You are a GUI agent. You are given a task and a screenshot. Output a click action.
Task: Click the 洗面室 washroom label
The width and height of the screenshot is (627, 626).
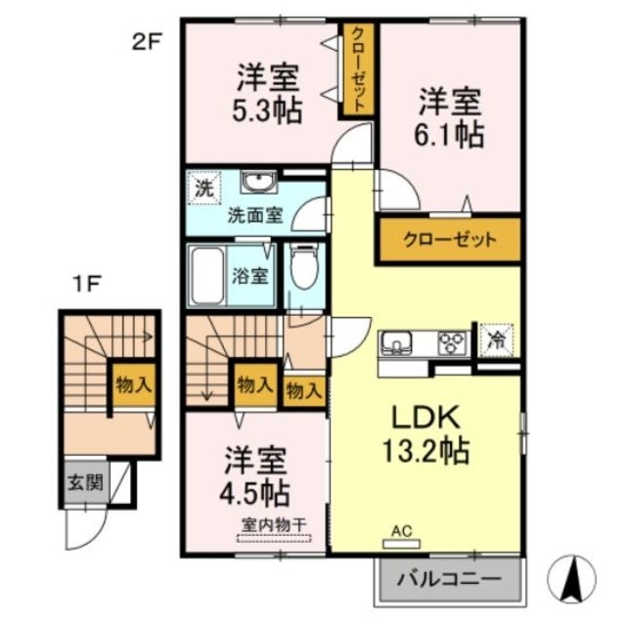255,215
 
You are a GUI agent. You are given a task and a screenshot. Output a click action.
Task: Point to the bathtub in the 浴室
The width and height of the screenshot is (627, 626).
207,275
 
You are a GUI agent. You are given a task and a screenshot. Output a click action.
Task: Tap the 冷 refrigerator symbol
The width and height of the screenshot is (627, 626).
497,342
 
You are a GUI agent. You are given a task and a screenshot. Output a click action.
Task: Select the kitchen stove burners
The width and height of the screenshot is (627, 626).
451,343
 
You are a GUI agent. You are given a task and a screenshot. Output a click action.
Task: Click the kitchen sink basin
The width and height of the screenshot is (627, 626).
397,343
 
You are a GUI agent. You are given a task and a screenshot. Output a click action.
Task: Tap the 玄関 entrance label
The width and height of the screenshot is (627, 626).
81,481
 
